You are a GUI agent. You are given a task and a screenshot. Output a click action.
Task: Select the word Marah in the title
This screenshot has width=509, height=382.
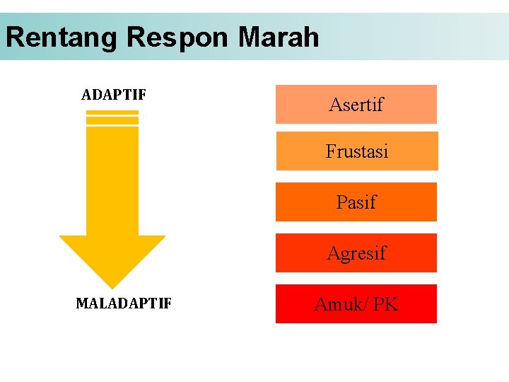pos(279,37)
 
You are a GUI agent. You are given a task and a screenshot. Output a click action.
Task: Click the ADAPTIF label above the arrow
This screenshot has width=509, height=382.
pos(113,95)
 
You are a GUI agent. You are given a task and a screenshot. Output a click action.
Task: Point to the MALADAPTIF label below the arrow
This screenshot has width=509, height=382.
pos(123,304)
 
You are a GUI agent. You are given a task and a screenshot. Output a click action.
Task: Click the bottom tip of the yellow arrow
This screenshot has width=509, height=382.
pos(112,286)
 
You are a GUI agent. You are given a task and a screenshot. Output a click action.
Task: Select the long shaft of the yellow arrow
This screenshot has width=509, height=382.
pos(112,180)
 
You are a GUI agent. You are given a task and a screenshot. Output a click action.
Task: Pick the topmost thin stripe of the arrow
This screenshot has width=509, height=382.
pos(112,112)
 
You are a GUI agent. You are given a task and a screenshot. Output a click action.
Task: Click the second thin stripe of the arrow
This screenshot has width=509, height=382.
pos(112,120)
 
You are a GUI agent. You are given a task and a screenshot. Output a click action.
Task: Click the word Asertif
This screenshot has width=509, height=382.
pos(356,105)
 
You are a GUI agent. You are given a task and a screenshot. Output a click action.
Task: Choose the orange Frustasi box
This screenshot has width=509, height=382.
pos(356,151)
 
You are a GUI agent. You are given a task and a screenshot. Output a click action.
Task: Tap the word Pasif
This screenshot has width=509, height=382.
pos(356,202)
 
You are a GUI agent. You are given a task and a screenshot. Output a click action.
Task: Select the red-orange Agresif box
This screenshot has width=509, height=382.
pos(356,253)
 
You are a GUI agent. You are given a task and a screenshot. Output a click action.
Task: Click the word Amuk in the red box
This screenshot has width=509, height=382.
pos(339,304)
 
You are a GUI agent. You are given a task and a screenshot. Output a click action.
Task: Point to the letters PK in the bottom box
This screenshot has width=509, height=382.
pos(385,304)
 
